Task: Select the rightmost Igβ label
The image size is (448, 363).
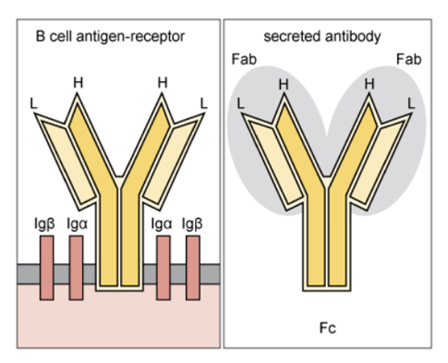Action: pyautogui.click(x=192, y=223)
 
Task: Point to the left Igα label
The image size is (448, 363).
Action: pyautogui.click(x=76, y=223)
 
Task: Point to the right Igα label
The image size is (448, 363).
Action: pyautogui.click(x=163, y=223)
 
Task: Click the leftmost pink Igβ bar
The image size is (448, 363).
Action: pyautogui.click(x=47, y=268)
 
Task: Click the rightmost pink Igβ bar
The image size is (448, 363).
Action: pyautogui.click(x=193, y=268)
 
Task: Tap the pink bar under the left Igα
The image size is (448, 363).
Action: pyautogui.click(x=77, y=268)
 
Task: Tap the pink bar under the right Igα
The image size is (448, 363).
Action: pyautogui.click(x=163, y=268)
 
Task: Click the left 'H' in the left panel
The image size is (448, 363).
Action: pyautogui.click(x=79, y=82)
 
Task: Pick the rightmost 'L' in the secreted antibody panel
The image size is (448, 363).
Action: pyautogui.click(x=411, y=100)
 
